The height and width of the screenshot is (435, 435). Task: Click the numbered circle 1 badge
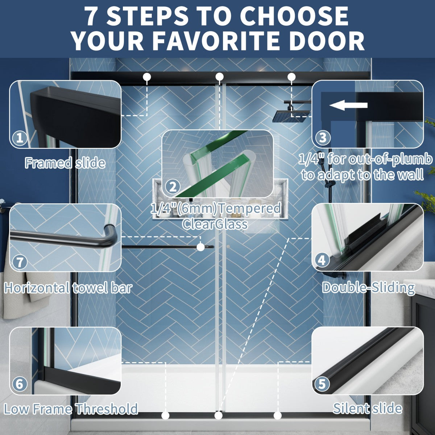[x=20, y=138]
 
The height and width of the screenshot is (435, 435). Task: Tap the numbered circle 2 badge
[x=173, y=186]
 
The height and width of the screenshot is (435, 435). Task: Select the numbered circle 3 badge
[x=323, y=137]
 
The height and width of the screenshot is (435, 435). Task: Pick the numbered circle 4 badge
[x=322, y=260]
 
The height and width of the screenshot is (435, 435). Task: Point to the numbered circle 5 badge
[x=322, y=384]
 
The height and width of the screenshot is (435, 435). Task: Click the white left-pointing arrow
[x=348, y=105]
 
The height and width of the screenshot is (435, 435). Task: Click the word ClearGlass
[x=215, y=224]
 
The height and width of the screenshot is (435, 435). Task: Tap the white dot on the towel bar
[x=201, y=247]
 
